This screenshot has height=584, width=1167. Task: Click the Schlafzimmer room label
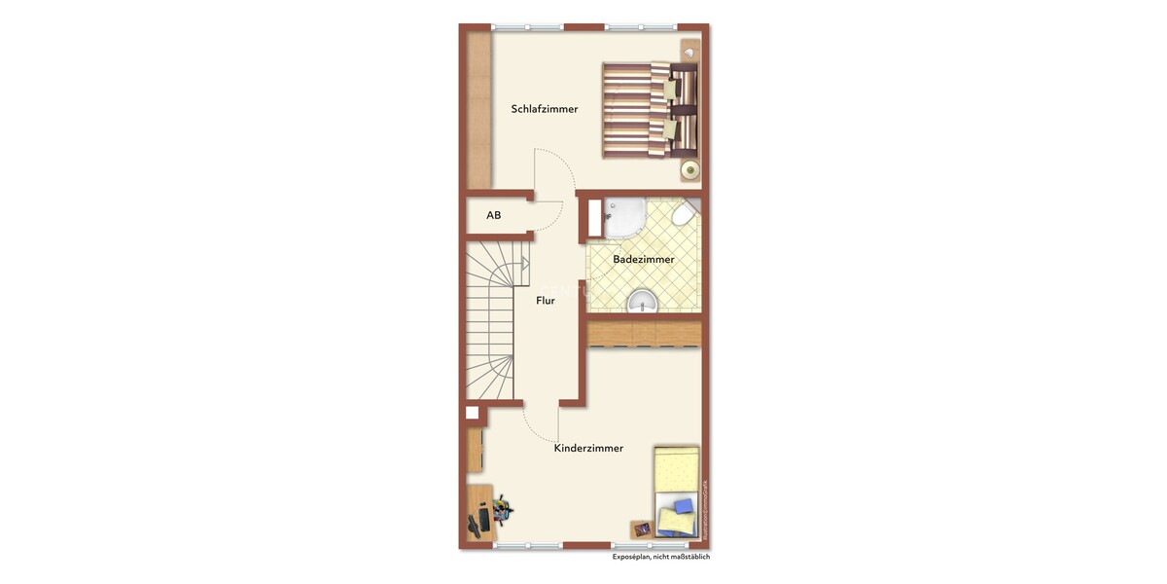pyautogui.click(x=545, y=109)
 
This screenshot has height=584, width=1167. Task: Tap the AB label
pyautogui.click(x=494, y=215)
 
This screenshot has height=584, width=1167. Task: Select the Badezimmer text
pyautogui.click(x=643, y=260)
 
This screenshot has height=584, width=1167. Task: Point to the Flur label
pyautogui.click(x=546, y=301)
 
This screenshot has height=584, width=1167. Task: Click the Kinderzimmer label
pyautogui.click(x=588, y=449)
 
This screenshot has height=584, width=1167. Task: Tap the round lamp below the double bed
pyautogui.click(x=690, y=171)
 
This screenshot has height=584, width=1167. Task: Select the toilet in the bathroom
pyautogui.click(x=688, y=211)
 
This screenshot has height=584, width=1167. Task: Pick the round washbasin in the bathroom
pyautogui.click(x=642, y=302)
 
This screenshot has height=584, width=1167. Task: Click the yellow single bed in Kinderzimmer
pyautogui.click(x=676, y=492)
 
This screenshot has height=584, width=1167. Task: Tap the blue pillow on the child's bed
pyautogui.click(x=682, y=507)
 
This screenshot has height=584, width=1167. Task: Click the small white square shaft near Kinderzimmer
pyautogui.click(x=472, y=413)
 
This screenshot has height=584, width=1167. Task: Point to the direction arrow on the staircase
pyautogui.click(x=523, y=263)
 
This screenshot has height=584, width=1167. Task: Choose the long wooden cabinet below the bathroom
pyautogui.click(x=644, y=333)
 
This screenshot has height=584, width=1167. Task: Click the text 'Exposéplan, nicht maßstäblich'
pyautogui.click(x=660, y=558)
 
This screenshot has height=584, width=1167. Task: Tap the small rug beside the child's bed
pyautogui.click(x=642, y=529)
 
